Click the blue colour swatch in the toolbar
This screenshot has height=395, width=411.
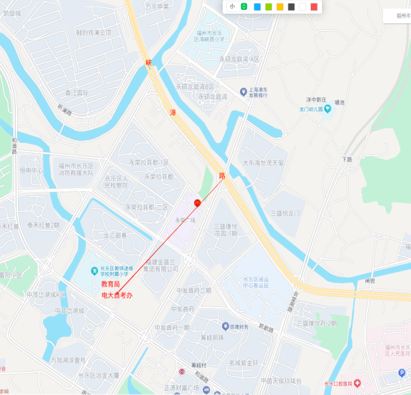257,7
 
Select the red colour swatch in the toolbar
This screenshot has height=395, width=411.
314,7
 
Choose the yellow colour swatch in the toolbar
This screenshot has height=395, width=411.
280,7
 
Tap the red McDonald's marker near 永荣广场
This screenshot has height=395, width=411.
197,202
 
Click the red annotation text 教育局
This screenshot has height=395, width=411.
110,284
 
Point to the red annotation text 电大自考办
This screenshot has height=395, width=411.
117,294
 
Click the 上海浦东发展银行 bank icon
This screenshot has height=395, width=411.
243,91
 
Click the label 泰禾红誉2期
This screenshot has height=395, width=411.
43,225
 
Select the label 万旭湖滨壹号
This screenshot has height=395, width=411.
68,361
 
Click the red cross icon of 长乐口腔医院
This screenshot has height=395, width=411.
357,382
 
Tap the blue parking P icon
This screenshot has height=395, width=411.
401,373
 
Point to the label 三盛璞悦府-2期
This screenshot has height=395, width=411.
316,324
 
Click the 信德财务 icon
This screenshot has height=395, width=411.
224,327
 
